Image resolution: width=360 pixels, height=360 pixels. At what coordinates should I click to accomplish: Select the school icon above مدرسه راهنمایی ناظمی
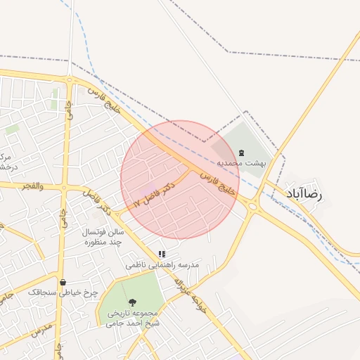162,255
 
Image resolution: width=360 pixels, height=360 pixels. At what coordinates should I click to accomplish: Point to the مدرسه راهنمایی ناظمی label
162,265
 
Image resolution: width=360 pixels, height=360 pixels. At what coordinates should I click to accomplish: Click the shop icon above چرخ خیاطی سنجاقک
63,282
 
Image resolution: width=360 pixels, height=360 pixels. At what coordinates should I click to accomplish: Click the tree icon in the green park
134,302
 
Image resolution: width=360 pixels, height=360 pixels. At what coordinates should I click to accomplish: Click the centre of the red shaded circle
180,179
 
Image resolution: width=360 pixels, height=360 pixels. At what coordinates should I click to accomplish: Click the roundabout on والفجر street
64,188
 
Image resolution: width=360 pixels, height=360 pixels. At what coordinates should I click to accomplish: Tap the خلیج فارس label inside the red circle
217,181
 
